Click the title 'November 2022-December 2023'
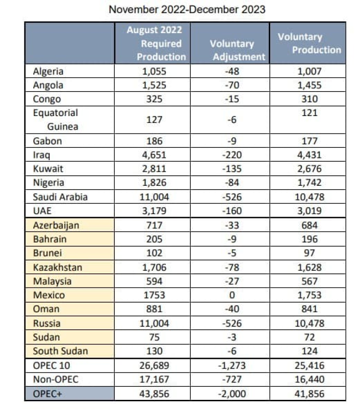click(x=187, y=10)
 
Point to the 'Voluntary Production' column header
click(x=309, y=43)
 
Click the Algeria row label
click(x=48, y=72)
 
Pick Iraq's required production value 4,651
click(x=154, y=155)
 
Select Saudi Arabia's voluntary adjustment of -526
click(x=232, y=197)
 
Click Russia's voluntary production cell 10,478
click(x=309, y=323)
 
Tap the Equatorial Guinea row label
click(x=55, y=119)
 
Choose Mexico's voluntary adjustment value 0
click(x=232, y=295)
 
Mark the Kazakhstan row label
click(x=58, y=267)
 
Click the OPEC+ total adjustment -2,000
click(x=232, y=394)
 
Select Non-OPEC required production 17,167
click(x=154, y=379)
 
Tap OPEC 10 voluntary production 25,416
click(x=309, y=365)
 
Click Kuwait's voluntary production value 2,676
click(x=309, y=169)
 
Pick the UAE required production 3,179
click(x=154, y=211)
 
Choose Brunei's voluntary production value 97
click(x=309, y=253)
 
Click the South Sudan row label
click(x=60, y=351)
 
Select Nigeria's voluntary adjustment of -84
click(x=232, y=183)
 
